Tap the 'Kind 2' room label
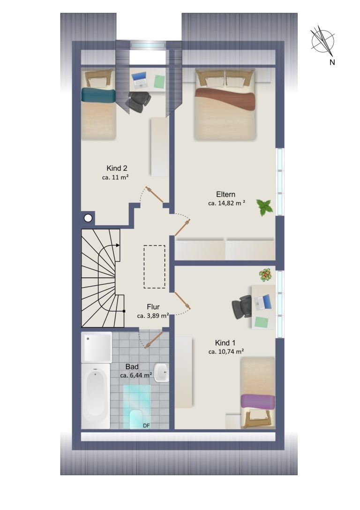tap(117, 168)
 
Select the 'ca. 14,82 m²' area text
tap(226, 203)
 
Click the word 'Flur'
tap(153, 307)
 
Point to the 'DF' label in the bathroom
tap(147, 426)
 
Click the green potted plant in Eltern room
tap(264, 207)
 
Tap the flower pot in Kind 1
tap(265, 275)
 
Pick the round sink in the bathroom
tap(161, 373)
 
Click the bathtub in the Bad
tap(96, 396)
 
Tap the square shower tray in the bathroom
tap(97, 347)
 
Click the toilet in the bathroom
tap(136, 419)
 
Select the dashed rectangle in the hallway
tap(155, 266)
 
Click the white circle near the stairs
tap(88, 218)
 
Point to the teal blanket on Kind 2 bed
tap(98, 95)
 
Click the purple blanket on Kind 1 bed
tap(258, 401)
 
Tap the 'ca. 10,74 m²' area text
tap(226, 351)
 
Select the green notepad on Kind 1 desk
tap(262, 322)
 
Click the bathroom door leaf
tap(154, 340)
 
